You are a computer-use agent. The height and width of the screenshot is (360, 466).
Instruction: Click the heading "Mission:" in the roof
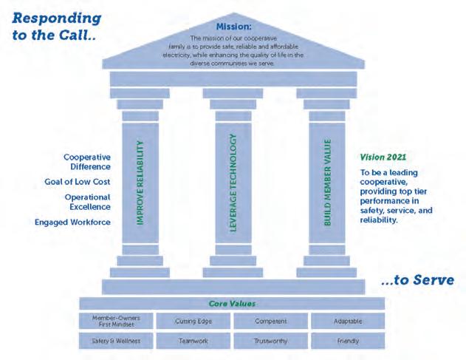point(233,27)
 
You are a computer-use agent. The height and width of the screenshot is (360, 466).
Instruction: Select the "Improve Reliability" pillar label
point(140,183)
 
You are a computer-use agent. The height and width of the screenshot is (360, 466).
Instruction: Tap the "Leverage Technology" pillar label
point(233,183)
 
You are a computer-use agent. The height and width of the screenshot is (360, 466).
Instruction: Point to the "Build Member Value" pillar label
point(327,183)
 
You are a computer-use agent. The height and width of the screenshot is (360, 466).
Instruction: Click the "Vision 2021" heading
point(383,157)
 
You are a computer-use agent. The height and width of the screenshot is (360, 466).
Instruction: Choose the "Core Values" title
point(232,304)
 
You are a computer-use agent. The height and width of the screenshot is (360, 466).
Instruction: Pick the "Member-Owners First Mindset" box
point(116,321)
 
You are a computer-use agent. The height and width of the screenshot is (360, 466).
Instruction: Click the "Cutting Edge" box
point(193,321)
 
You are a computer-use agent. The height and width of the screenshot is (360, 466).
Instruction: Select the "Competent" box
point(271,321)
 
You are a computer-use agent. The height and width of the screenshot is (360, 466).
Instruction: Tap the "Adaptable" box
point(348,321)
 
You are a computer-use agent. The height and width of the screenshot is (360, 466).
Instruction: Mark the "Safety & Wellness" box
point(116,341)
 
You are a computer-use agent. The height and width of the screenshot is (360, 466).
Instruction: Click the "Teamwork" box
point(193,341)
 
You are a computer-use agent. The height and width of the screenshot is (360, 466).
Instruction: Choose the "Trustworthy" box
point(271,341)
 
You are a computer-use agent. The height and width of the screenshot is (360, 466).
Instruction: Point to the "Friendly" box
point(348,341)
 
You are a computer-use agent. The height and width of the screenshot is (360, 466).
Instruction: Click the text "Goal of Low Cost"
point(78,182)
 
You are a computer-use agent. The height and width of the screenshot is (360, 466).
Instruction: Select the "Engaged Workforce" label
point(72,223)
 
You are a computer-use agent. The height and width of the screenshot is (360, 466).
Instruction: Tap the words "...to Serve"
point(417,280)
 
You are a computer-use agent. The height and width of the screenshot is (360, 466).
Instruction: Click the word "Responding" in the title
point(57,18)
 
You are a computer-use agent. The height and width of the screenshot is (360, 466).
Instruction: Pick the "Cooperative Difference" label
point(87,162)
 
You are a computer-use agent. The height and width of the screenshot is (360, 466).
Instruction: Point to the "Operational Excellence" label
point(88,202)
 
